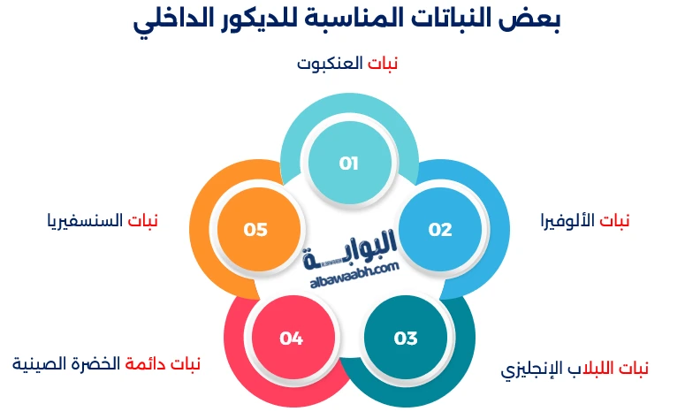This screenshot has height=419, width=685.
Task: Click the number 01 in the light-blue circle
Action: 348,164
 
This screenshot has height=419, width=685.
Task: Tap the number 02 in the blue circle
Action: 440,230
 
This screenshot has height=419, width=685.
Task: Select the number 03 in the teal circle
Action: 406,339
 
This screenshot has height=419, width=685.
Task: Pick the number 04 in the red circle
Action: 291,339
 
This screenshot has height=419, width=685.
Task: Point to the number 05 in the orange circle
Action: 255,230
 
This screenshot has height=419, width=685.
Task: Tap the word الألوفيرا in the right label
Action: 568,220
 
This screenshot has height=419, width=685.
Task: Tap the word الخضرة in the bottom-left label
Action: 100,363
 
